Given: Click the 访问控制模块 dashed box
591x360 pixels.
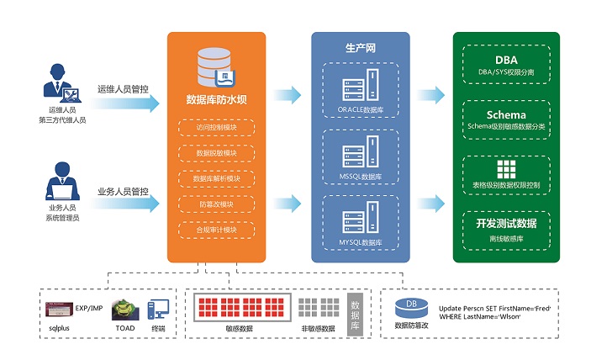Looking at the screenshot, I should [216, 128].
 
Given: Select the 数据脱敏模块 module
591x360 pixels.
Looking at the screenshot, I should [216, 153].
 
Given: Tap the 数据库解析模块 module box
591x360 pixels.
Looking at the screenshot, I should [216, 178].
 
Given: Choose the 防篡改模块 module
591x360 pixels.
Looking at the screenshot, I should [216, 204].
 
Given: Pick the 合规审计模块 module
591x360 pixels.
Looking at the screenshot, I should [216, 230].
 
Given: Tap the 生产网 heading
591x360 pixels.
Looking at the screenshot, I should [360, 46].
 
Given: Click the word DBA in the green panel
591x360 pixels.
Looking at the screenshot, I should [506, 60].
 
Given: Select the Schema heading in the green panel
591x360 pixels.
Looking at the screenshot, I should [506, 114].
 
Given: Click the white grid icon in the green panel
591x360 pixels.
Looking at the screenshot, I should [506, 167].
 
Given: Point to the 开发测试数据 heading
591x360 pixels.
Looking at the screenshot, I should [506, 222].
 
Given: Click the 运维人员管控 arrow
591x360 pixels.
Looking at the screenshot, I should [126, 103].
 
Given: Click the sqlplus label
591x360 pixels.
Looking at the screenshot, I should [58, 328].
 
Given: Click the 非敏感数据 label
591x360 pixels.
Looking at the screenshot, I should [317, 328].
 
